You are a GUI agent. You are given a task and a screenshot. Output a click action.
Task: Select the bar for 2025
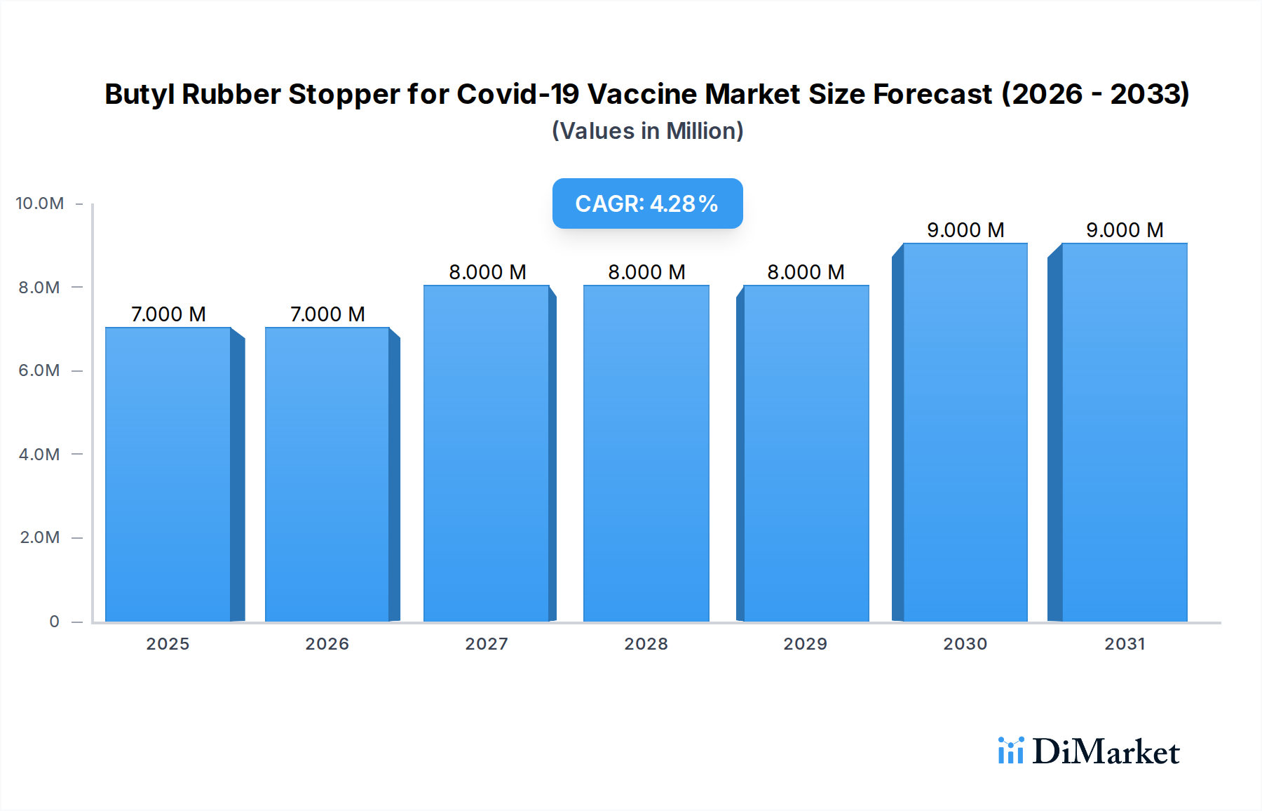tap(168, 474)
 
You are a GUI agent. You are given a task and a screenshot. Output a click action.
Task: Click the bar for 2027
tap(487, 453)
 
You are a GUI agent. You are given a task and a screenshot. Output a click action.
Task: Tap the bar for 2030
tap(965, 432)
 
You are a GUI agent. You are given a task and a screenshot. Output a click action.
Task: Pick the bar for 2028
tap(646, 453)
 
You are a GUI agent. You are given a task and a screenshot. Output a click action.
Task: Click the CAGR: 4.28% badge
tap(647, 203)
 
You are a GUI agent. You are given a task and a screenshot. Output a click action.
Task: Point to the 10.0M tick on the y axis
tap(40, 203)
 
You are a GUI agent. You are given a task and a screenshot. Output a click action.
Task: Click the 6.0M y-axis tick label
tap(39, 370)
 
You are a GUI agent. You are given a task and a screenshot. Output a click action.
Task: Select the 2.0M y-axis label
tap(39, 537)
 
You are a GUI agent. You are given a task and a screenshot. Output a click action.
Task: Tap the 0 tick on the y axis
tap(54, 622)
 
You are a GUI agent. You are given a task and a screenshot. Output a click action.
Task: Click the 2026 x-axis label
tap(327, 644)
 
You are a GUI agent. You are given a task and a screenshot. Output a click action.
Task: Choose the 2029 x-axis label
tap(805, 644)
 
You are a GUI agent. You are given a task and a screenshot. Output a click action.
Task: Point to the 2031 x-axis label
tap(1125, 644)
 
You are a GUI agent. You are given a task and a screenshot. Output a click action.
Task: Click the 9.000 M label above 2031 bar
tap(1125, 230)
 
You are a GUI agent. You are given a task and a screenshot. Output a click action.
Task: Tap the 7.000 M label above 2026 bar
tap(327, 314)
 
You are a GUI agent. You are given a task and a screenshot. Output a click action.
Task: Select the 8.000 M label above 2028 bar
tap(646, 272)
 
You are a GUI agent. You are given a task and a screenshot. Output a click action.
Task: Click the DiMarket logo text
tap(1106, 752)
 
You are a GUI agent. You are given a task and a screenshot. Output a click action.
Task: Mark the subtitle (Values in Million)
tap(647, 131)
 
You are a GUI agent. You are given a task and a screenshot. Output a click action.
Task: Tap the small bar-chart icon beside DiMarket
tap(1010, 751)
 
